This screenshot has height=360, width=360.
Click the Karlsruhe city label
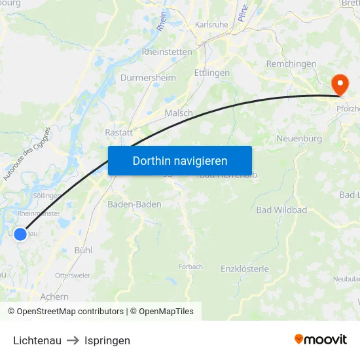pyautogui.click(x=210, y=25)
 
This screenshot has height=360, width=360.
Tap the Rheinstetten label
pyautogui.click(x=167, y=52)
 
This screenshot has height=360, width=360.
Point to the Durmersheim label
pyautogui.click(x=148, y=77)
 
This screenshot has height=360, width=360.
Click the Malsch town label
pyautogui.click(x=179, y=113)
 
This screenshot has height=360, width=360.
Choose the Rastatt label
pyautogui.click(x=118, y=132)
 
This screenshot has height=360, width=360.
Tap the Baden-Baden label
pyautogui.click(x=134, y=204)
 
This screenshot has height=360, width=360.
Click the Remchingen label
pyautogui.click(x=291, y=64)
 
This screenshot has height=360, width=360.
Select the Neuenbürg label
pyautogui.click(x=299, y=138)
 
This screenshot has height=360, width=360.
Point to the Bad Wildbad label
pyautogui.click(x=281, y=209)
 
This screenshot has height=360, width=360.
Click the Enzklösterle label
pyautogui.click(x=245, y=269)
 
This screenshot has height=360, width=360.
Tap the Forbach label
pyautogui.click(x=190, y=266)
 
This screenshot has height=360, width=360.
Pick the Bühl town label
pyautogui.click(x=83, y=250)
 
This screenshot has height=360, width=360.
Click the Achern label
pyautogui.click(x=54, y=297)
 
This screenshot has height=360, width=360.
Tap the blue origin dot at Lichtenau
pyautogui.click(x=20, y=234)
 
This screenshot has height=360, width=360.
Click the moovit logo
pyautogui.click(x=320, y=340)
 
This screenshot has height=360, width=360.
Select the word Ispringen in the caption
pyautogui.click(x=107, y=340)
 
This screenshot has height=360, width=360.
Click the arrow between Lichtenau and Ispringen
pyautogui.click(x=73, y=340)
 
